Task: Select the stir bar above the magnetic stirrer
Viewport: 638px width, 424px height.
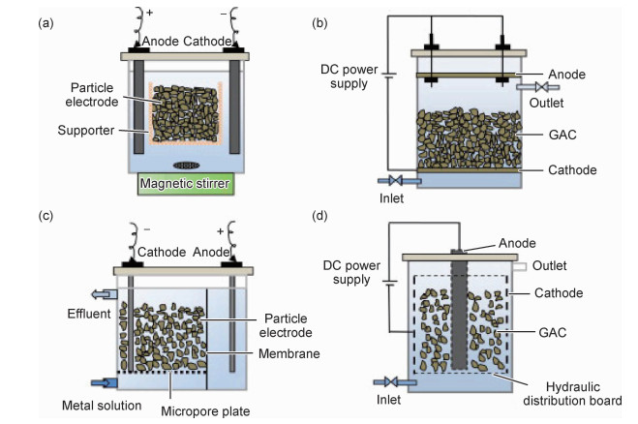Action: click(184, 163)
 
